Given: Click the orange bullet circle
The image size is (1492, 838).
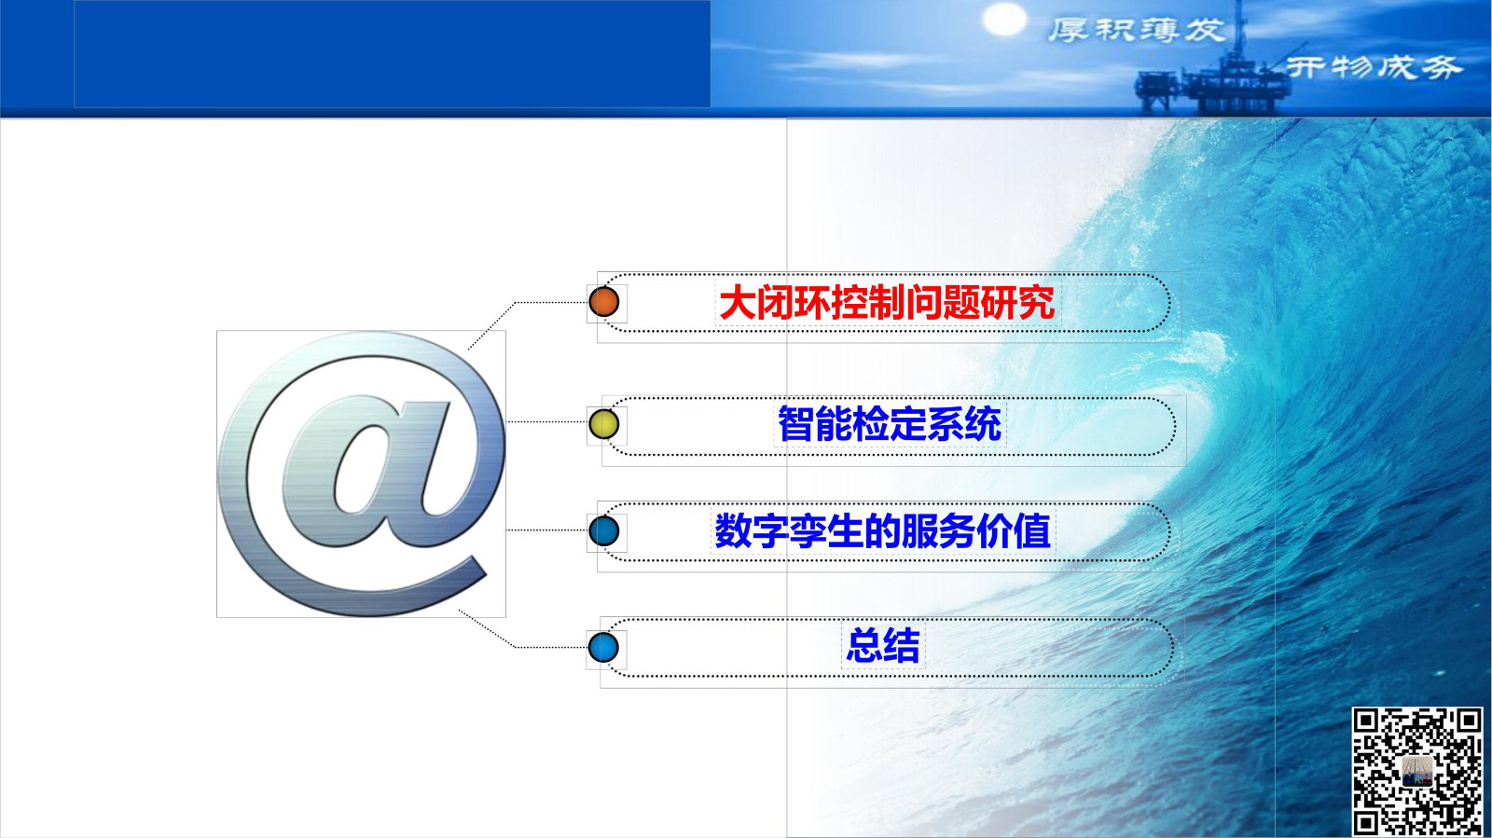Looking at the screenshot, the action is coord(603,301).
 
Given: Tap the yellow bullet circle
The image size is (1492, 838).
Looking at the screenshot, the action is coord(603,424).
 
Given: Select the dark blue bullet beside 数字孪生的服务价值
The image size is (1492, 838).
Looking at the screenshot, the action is coord(603,531).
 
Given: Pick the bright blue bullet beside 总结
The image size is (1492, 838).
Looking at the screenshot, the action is coord(603,647).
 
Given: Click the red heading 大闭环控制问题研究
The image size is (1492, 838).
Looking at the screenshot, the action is coord(887,303).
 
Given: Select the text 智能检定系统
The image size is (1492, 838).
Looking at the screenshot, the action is coord(890,423).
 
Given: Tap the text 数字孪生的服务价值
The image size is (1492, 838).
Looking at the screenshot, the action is coord(882,531).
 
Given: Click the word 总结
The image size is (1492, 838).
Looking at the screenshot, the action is coord(882,644).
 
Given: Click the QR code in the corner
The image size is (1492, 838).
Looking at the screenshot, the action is coord(1416,771).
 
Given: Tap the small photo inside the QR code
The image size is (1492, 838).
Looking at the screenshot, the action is coord(1416,772).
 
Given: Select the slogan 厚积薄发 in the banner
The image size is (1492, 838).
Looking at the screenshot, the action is coord(1137,31).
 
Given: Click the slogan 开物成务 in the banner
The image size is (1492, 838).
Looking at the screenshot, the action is coord(1373,67).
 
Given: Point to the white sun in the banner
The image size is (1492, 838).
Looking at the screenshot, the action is coord(1004,20).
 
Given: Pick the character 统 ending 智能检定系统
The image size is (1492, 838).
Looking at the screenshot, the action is coord(983,423).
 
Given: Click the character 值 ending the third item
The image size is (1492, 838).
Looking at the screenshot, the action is coord(1033,531).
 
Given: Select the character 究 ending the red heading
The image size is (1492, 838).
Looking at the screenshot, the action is coord(1036,303).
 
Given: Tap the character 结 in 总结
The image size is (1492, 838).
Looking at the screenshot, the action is coord(902,644).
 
